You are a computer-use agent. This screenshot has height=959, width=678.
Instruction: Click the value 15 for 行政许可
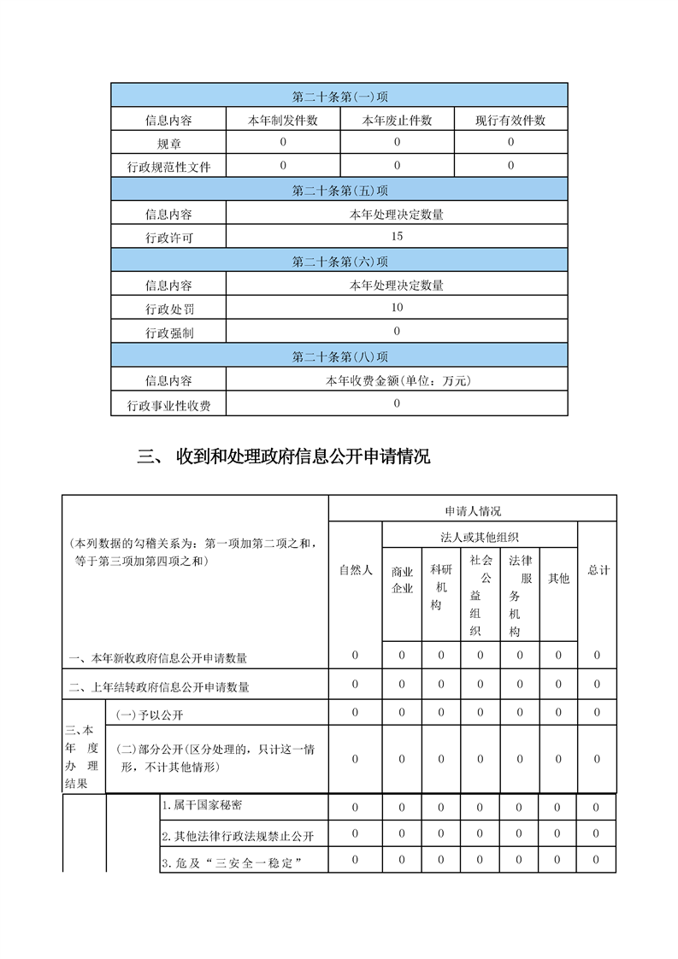coord(397,237)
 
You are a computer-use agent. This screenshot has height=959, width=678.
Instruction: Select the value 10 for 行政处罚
coord(397,308)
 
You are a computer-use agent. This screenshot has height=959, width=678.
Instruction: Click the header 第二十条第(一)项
coord(339,96)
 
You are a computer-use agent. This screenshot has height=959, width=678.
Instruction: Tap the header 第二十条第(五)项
coord(339,191)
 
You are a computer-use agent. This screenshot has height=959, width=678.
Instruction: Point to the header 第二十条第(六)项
coord(339,262)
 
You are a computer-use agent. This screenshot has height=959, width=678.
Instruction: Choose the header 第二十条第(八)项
coord(339,356)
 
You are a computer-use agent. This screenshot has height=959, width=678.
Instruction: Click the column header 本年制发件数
coord(283,121)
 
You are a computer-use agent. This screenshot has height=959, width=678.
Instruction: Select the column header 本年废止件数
coord(397,121)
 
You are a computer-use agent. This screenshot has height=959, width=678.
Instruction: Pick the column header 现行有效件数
coord(510,121)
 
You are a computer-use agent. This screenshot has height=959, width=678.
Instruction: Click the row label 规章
coord(168,144)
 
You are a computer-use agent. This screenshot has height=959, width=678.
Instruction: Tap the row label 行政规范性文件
coord(168,167)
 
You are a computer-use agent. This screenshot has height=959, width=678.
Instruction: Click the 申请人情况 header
coord(472,510)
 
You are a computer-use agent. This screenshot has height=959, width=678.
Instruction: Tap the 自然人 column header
coord(355,570)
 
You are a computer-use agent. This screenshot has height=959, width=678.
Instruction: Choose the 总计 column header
coord(598,570)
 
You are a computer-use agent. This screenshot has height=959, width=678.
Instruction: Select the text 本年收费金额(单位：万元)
coord(397,380)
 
